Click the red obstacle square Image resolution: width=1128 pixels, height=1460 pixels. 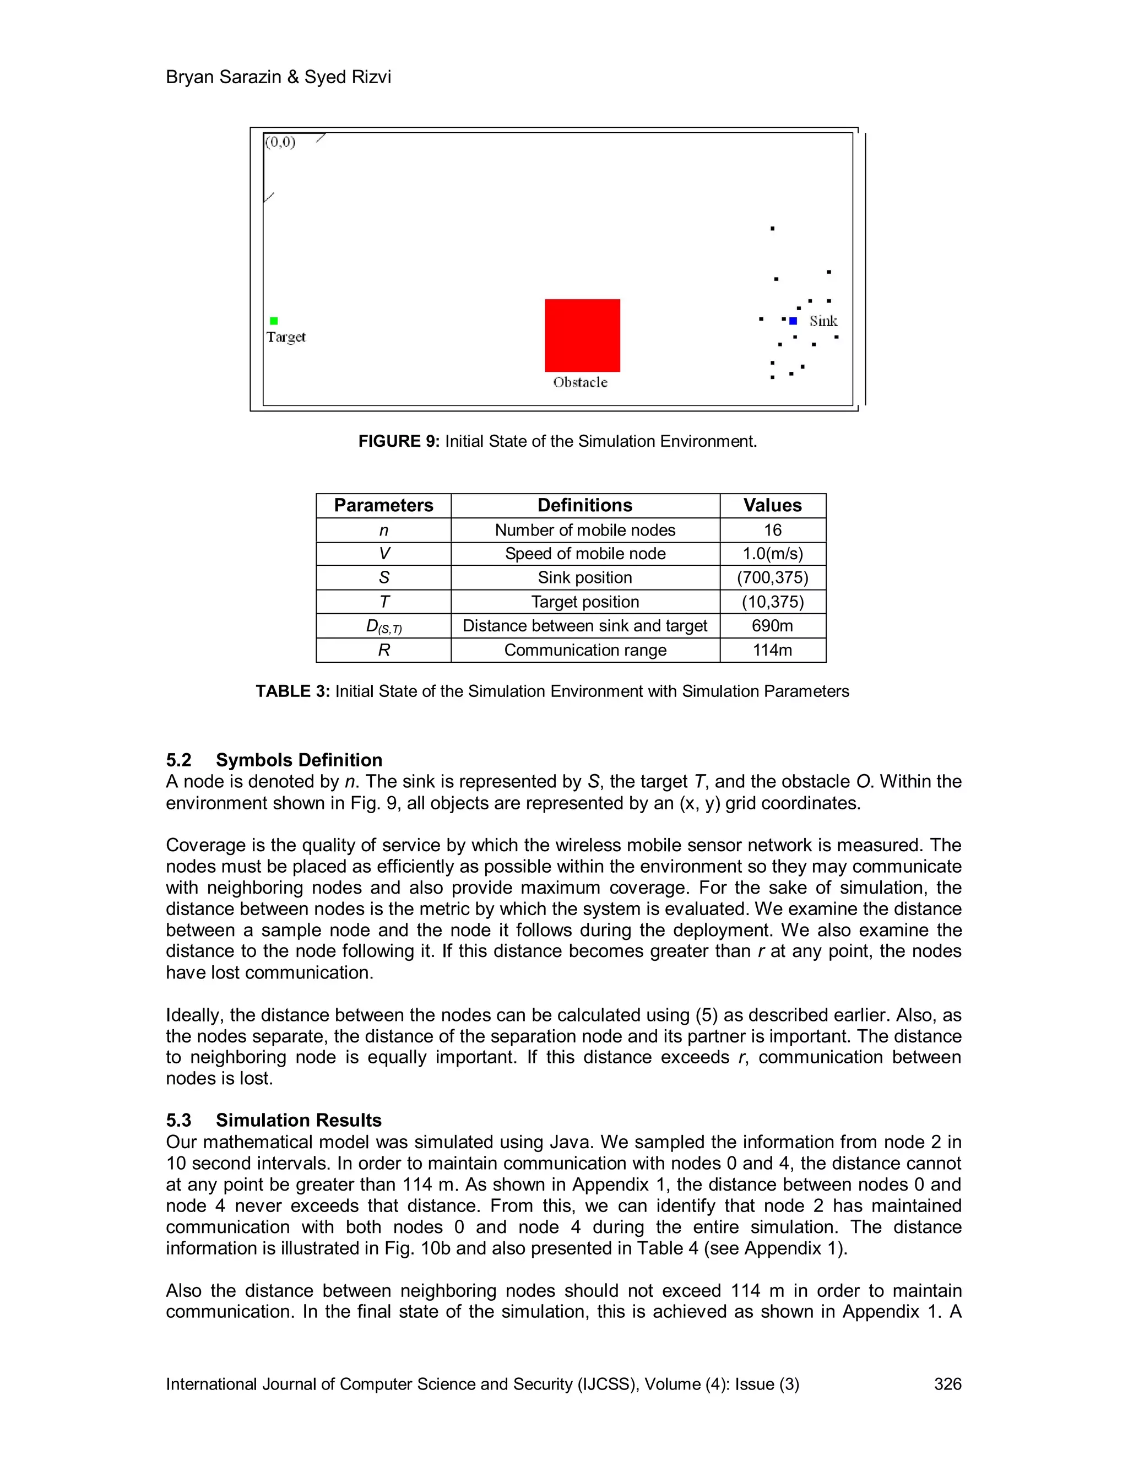[582, 335]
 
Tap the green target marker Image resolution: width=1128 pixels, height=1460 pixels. [273, 321]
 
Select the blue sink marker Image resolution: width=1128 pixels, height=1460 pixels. [793, 321]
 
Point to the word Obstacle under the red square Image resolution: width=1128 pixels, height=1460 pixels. [580, 382]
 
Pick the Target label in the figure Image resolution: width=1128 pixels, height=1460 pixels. [286, 337]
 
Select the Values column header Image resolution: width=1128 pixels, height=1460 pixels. [773, 505]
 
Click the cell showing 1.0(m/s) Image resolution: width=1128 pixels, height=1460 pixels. [773, 554]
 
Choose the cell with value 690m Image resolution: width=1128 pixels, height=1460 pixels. [773, 626]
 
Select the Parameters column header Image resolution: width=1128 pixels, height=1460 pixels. [383, 505]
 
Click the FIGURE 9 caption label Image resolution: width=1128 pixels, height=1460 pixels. [399, 441]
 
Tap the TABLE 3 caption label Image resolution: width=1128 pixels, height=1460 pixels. [292, 691]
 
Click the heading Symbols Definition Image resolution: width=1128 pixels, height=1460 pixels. [299, 760]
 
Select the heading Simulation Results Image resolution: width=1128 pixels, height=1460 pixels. [298, 1121]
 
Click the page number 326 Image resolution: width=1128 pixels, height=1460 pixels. [947, 1384]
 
